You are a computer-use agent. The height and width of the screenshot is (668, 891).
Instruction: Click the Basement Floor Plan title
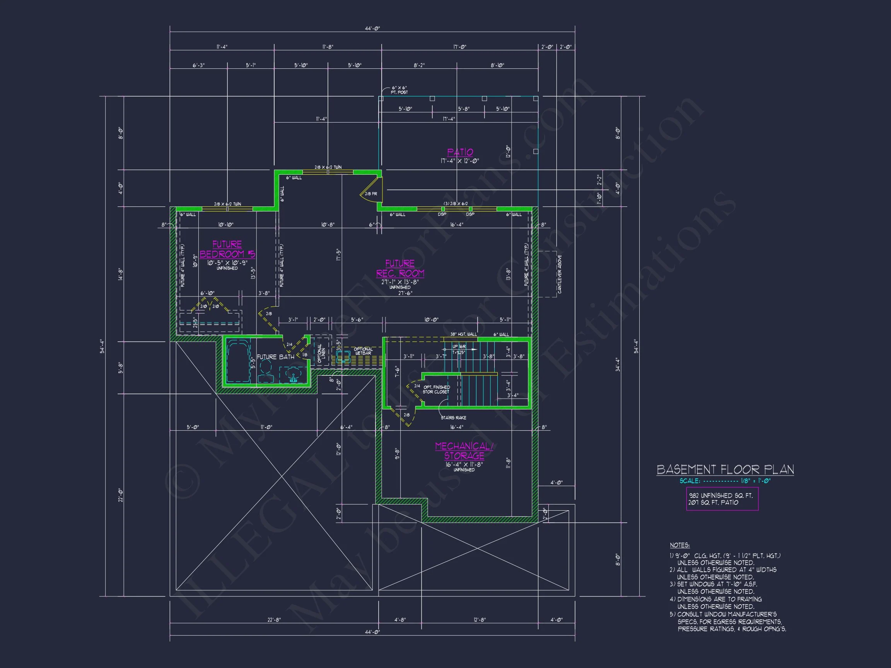[x=725, y=469]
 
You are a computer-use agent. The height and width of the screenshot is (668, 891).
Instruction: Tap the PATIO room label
[x=460, y=152]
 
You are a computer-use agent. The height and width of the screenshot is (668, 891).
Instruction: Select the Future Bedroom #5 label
[x=227, y=249]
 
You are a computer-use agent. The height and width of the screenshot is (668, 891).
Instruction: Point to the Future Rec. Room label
[x=400, y=268]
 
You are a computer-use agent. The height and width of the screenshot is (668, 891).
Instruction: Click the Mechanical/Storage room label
[x=464, y=451]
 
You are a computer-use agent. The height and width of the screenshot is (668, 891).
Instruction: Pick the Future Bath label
[x=275, y=357]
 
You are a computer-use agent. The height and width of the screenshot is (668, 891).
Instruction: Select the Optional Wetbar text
[x=363, y=351]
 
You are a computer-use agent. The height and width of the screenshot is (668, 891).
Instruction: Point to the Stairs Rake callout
[x=453, y=417]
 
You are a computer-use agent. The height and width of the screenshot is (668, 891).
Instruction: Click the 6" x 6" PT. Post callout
[x=399, y=90]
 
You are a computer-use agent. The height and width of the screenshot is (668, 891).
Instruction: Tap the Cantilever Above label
[x=560, y=274]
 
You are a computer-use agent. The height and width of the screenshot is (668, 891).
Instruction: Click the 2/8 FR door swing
[x=370, y=194]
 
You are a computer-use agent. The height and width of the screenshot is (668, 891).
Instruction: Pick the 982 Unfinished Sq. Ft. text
[x=715, y=495]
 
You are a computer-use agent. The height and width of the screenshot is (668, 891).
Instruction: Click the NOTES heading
[x=679, y=545]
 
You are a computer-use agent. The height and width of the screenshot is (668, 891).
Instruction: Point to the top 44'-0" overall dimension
[x=372, y=29]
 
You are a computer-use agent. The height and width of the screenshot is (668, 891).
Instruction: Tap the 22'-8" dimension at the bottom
[x=274, y=620]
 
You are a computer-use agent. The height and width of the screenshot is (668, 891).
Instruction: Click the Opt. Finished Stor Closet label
[x=436, y=389]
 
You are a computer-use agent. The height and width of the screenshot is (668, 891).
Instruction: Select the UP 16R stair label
[x=459, y=347]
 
